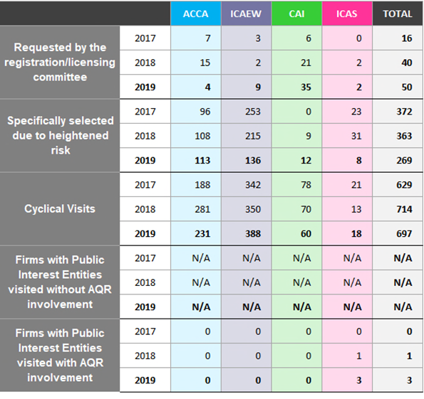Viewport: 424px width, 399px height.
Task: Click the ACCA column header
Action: (x=195, y=14)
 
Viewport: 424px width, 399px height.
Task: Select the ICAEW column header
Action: (x=246, y=14)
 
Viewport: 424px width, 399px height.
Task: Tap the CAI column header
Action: (x=296, y=14)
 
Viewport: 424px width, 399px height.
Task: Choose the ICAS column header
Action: (x=346, y=14)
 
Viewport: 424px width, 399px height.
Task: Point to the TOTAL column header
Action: (x=398, y=14)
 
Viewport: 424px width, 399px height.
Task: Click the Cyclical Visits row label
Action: (x=60, y=209)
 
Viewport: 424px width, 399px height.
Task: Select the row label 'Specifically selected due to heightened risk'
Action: (x=60, y=135)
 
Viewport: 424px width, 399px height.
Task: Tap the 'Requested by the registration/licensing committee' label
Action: (x=60, y=63)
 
